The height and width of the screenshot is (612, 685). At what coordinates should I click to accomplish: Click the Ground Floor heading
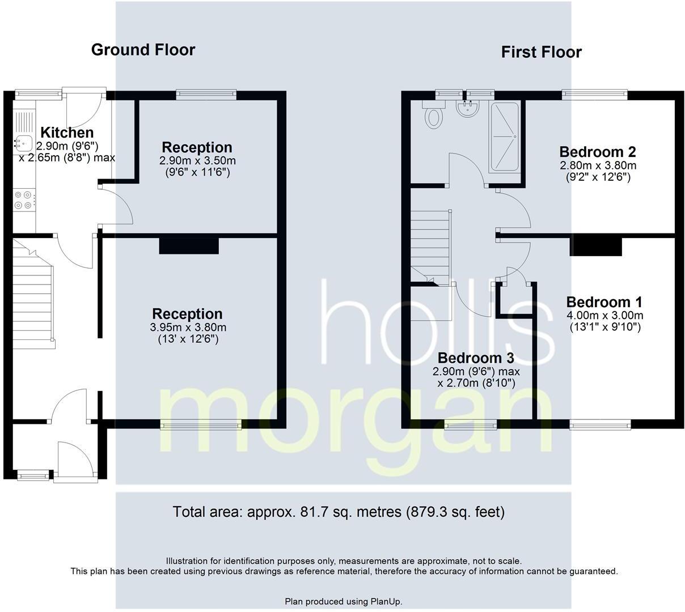point(143,50)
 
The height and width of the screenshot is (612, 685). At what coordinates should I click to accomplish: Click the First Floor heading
point(541,52)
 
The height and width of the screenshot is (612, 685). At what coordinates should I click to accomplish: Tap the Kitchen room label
point(67,133)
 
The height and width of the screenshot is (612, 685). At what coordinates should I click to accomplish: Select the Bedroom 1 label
point(604,302)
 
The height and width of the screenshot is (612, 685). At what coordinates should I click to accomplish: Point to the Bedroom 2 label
point(597,152)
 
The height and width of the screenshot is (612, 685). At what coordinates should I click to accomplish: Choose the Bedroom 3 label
point(475,358)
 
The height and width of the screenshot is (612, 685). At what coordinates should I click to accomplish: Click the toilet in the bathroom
point(434,115)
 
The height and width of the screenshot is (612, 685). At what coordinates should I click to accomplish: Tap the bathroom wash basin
point(469,109)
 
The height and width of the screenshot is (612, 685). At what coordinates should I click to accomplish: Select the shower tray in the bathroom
point(504,137)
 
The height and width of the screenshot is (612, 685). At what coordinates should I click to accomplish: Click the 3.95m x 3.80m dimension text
point(188,328)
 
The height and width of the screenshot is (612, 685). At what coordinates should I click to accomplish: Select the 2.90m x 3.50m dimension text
point(197,161)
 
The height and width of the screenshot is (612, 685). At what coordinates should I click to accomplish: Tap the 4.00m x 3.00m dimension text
point(604,316)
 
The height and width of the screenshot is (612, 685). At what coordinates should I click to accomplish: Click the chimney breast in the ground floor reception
point(189,245)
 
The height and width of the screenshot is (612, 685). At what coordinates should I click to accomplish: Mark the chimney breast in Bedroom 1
point(595,246)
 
